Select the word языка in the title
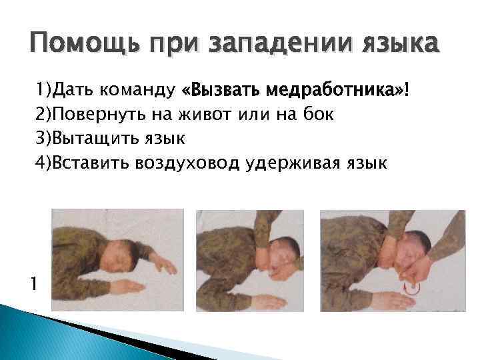tap(394, 46)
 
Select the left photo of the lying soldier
tap(117, 259)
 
